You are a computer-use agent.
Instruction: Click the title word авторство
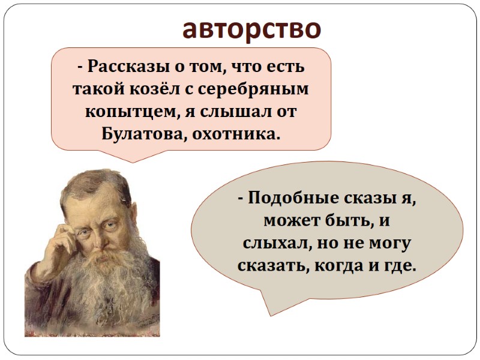pyautogui.click(x=252, y=28)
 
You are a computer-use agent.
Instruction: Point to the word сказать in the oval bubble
pyautogui.click(x=272, y=265)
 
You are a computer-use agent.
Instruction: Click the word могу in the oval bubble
pyautogui.click(x=387, y=243)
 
